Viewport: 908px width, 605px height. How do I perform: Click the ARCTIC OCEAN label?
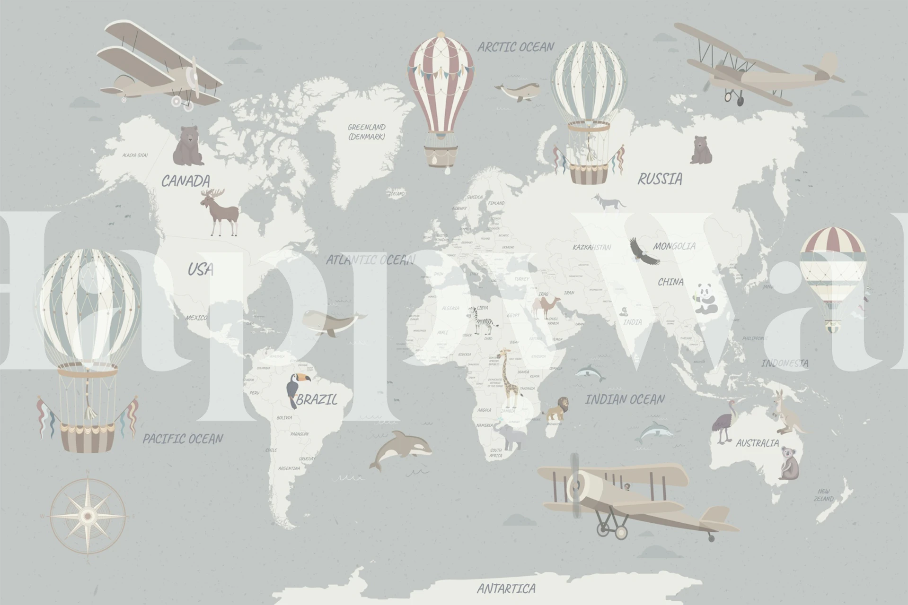tap(515, 47)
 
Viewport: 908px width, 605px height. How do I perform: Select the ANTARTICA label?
tap(506, 588)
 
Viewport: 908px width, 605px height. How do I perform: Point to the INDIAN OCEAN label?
tap(625, 400)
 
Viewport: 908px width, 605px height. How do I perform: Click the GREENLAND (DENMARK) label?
tap(367, 132)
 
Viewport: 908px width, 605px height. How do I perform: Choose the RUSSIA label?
tap(660, 179)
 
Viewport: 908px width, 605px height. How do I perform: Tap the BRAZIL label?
tap(317, 400)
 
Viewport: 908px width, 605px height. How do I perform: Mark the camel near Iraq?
tap(545, 307)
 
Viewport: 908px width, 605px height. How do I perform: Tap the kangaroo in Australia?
tap(785, 414)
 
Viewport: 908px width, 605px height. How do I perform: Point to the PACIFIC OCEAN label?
tap(183, 439)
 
